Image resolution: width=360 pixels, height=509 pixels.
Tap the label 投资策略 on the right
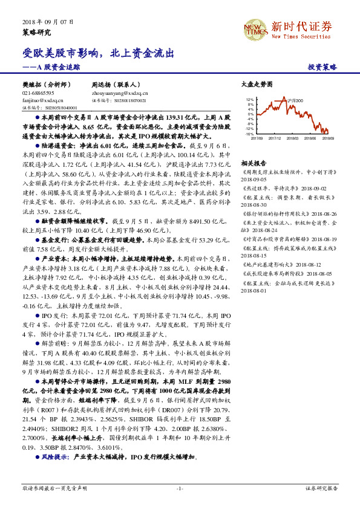[x=322, y=68]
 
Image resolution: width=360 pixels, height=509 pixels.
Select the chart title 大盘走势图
[x=253, y=86]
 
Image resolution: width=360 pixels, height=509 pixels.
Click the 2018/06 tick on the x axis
[x=312, y=138]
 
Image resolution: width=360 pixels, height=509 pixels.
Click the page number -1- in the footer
[x=180, y=487]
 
